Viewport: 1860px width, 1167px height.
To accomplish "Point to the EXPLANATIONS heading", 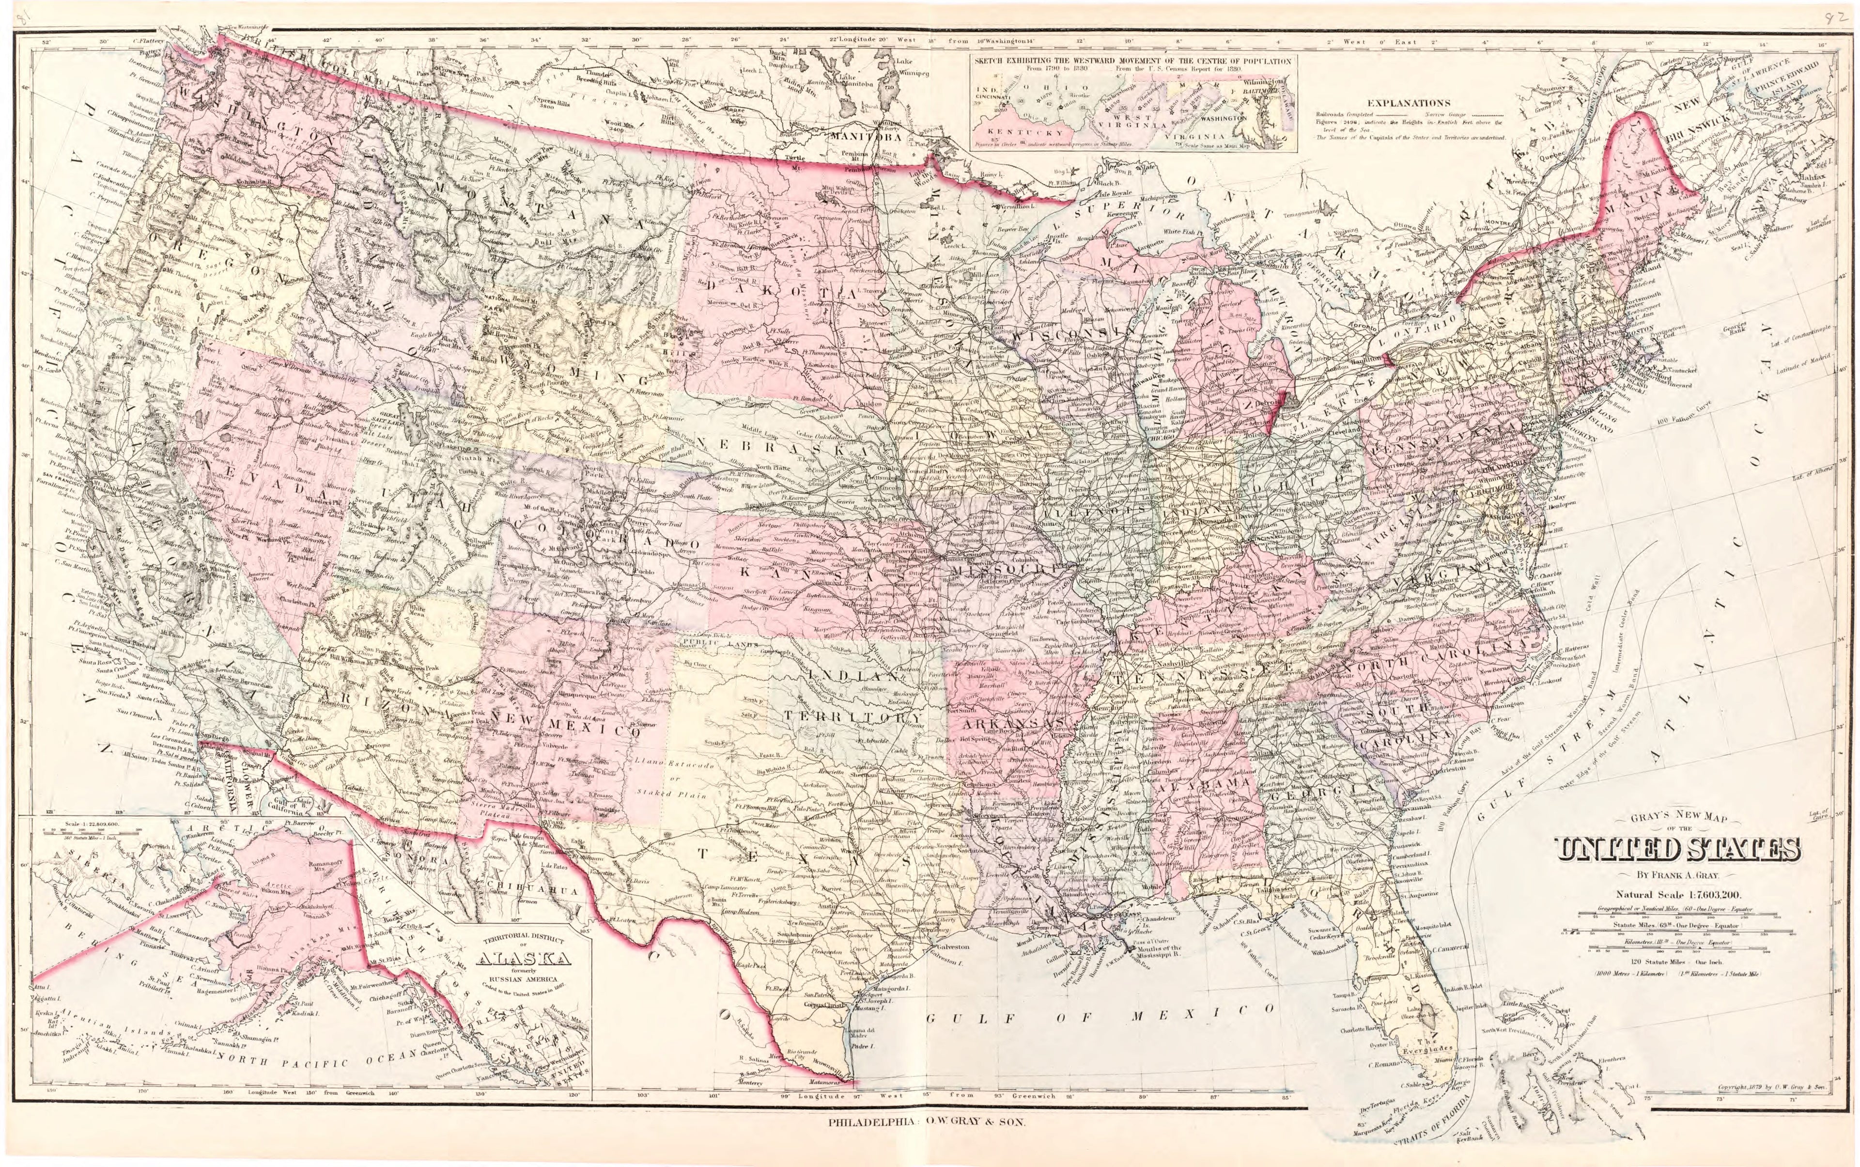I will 1409,103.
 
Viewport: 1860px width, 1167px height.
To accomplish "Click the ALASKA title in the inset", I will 524,959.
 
